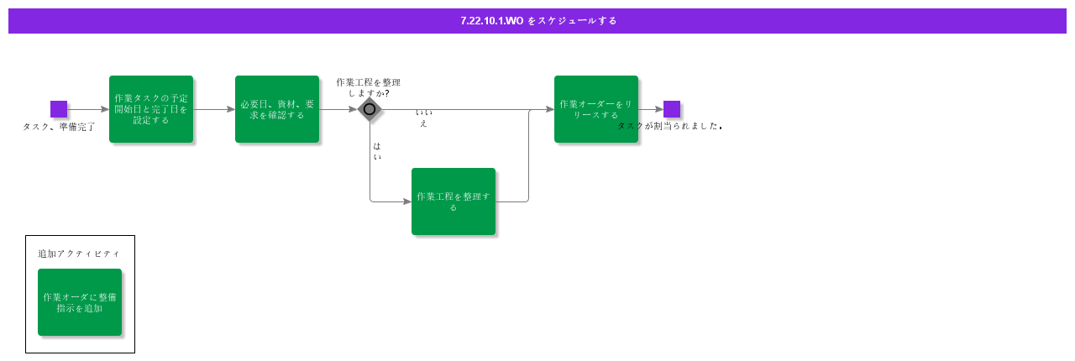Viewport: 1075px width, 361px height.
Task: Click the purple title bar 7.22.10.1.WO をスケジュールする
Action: (537, 21)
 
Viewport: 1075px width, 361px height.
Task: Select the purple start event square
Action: (59, 109)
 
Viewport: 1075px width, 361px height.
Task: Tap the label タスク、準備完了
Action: (59, 127)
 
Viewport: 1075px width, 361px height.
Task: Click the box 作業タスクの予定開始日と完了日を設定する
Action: (151, 109)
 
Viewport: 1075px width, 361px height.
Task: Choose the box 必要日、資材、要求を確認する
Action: (277, 109)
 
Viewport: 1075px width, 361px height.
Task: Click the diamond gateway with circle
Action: (370, 109)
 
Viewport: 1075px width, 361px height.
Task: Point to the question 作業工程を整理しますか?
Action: (368, 87)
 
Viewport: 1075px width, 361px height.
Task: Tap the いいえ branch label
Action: (423, 118)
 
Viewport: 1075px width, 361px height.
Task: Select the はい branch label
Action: (377, 151)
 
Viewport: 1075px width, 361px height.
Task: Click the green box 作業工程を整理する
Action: (454, 201)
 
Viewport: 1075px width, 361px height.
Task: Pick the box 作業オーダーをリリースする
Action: (596, 109)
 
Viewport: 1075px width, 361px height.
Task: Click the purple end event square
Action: (672, 109)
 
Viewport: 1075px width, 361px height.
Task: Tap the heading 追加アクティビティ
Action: (79, 254)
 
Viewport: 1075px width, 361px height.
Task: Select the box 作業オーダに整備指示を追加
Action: (80, 302)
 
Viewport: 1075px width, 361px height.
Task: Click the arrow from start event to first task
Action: (88, 109)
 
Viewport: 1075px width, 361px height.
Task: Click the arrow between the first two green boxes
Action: (214, 109)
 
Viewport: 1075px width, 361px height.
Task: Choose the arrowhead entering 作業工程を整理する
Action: (406, 201)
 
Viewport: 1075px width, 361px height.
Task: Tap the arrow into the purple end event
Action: (652, 109)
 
